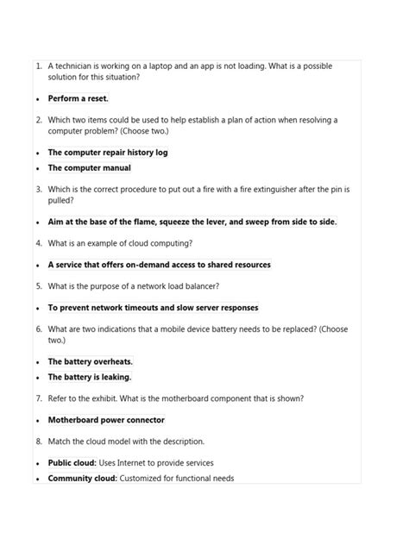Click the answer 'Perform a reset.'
[78, 98]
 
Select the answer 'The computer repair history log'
[107, 152]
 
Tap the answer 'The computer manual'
[89, 168]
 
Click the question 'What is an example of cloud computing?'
[120, 243]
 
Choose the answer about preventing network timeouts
[153, 307]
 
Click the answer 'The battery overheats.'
[90, 361]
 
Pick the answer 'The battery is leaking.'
[89, 377]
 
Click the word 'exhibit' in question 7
[100, 398]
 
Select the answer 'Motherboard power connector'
[105, 420]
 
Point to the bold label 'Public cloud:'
[72, 462]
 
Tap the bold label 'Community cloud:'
[82, 478]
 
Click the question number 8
[39, 441]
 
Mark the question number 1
[39, 66]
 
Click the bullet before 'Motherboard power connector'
[38, 421]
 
